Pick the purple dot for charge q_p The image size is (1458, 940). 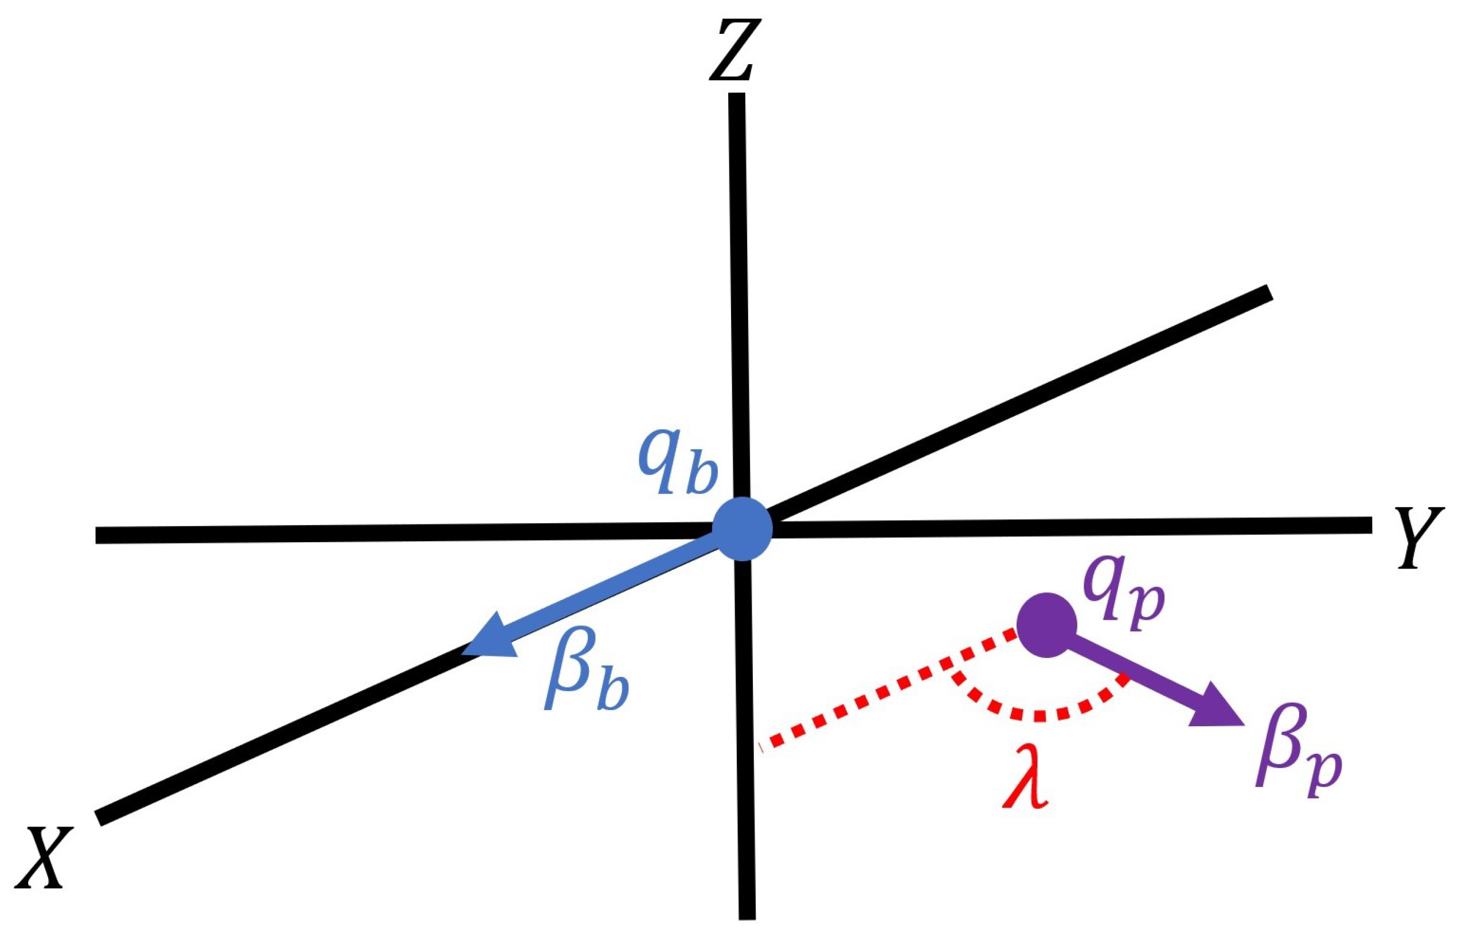coord(1046,625)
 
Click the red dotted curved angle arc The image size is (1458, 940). coord(1038,714)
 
